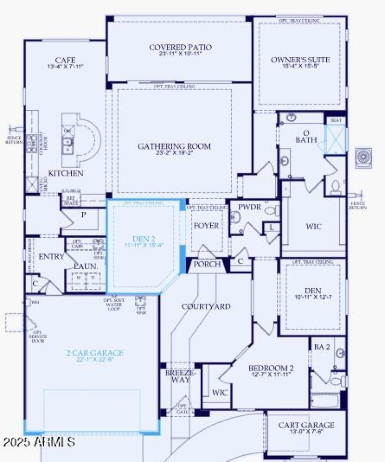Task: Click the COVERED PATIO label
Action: tap(180, 47)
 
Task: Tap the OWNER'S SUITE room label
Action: tap(300, 60)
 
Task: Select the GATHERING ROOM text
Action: tap(174, 146)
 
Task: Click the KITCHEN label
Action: tap(65, 173)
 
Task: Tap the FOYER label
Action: tap(206, 226)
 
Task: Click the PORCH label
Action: tap(207, 264)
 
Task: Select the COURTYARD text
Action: tap(205, 306)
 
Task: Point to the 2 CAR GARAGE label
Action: tap(95, 353)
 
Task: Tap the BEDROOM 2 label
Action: tap(271, 368)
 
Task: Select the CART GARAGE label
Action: tap(306, 425)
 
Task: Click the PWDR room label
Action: tap(249, 207)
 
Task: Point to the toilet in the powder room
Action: tap(272, 210)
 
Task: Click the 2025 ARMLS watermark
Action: tap(38, 441)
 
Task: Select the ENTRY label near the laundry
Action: tap(51, 257)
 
